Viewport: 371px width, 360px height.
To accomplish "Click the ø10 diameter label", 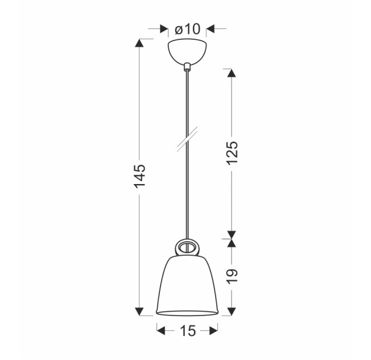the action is tap(188, 29).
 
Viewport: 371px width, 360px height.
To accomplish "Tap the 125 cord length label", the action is tap(232, 152).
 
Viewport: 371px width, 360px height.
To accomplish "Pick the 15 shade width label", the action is tap(188, 331).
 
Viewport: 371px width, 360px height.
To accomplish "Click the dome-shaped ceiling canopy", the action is tap(187, 53).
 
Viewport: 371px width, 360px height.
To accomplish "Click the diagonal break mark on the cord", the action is tap(187, 140).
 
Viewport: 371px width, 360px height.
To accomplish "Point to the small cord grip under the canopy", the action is tap(187, 67).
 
